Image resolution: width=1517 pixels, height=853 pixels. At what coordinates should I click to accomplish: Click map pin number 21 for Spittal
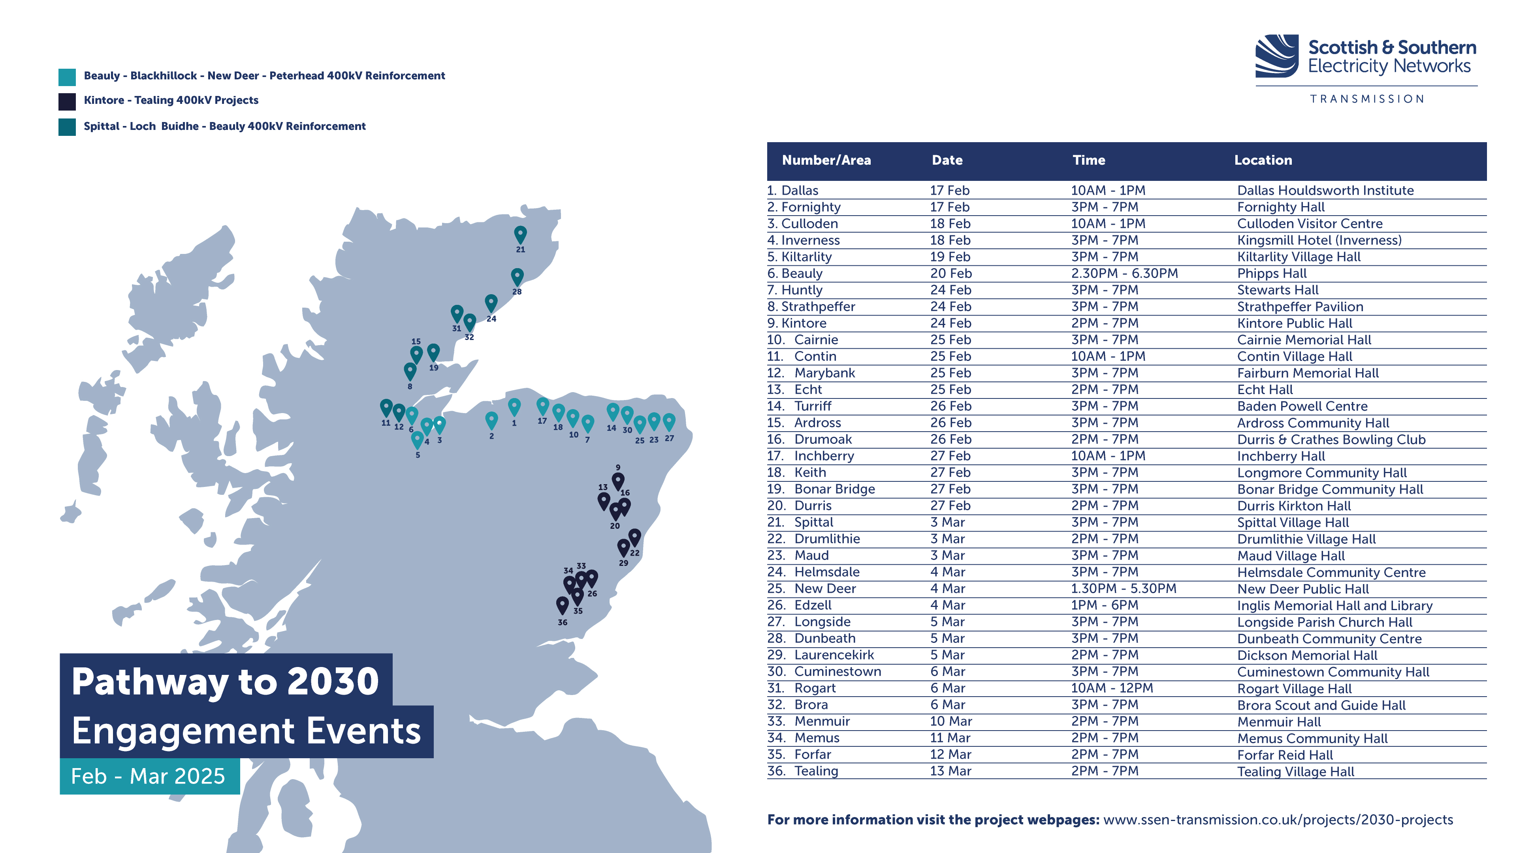pyautogui.click(x=520, y=234)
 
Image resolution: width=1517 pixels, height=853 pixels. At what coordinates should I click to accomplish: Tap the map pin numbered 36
pyautogui.click(x=563, y=605)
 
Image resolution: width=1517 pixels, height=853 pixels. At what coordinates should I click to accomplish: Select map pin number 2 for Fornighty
pyautogui.click(x=491, y=420)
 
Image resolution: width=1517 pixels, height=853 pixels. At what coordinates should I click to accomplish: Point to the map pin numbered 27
pyautogui.click(x=669, y=421)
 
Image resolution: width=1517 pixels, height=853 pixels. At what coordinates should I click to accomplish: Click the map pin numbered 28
pyautogui.click(x=517, y=276)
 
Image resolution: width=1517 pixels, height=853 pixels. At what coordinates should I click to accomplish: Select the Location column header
pyautogui.click(x=1263, y=160)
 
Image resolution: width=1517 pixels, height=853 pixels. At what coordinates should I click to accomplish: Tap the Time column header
pyautogui.click(x=1088, y=160)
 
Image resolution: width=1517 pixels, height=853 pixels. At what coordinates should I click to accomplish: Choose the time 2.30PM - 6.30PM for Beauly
pyautogui.click(x=1124, y=273)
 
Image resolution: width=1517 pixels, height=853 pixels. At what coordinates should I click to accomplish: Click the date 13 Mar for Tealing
pyautogui.click(x=950, y=771)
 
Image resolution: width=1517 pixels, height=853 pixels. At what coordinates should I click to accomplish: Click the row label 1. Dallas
pyautogui.click(x=792, y=190)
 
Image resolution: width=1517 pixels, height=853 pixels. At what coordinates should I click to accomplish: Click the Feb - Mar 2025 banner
pyautogui.click(x=149, y=776)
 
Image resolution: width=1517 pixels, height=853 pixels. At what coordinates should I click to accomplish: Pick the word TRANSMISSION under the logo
pyautogui.click(x=1367, y=99)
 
